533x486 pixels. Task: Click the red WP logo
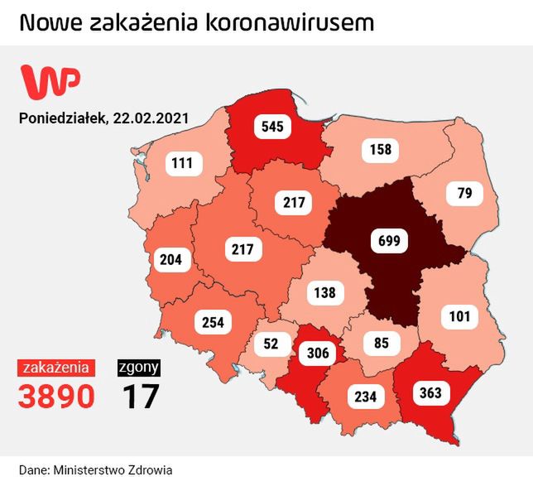coord(50,80)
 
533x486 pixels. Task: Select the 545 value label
coord(273,128)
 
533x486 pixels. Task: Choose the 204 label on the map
coord(170,260)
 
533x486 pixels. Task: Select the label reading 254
coord(213,322)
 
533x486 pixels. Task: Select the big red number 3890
coord(56,397)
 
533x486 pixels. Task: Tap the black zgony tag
coord(139,367)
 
